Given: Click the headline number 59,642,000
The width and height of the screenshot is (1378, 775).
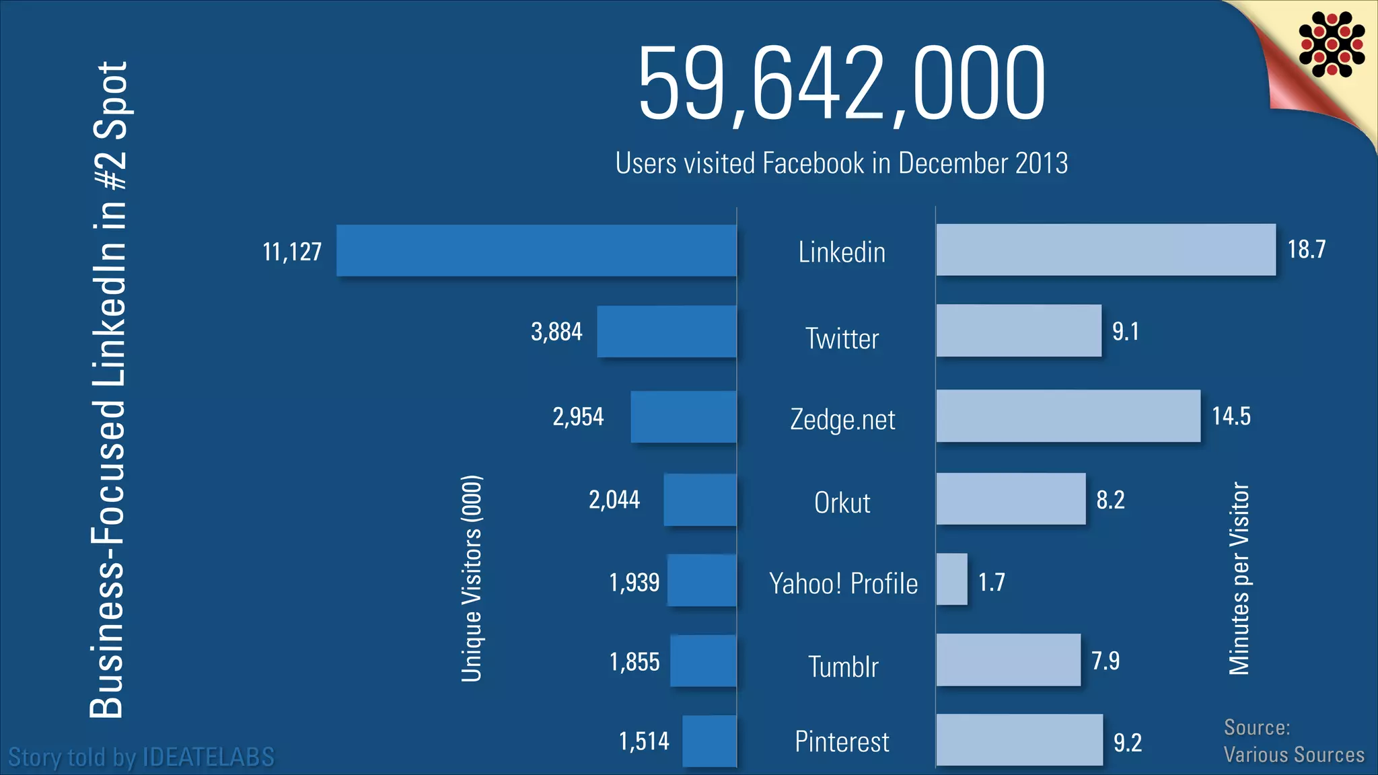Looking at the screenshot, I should pos(841,84).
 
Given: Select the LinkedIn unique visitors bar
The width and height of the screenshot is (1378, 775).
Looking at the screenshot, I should pos(536,250).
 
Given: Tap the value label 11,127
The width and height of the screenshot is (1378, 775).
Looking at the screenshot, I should pos(292,252).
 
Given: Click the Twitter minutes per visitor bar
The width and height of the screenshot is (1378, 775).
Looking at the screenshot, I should pos(1019,330).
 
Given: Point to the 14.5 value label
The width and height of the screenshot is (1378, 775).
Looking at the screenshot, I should pos(1231,416).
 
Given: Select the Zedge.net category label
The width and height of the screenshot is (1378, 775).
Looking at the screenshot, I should pos(842,420).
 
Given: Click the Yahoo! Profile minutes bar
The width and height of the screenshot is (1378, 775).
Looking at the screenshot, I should pos(952,579).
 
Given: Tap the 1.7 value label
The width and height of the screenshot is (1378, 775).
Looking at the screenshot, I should pos(991,582).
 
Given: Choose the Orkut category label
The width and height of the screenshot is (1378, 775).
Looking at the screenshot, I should pos(842,503).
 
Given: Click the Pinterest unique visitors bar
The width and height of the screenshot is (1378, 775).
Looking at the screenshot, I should pos(709,741).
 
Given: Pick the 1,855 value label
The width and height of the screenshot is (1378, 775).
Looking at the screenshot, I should pos(634,662).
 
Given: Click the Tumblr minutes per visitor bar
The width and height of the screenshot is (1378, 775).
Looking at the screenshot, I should pos(1008,660).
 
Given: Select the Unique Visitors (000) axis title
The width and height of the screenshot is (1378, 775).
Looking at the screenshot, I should pos(472,579).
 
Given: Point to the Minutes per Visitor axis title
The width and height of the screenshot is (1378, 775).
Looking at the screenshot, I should pos(1239,579).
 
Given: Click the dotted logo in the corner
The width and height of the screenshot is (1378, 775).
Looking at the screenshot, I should pos(1332,44).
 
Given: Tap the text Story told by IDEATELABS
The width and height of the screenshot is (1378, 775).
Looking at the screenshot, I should pos(141,757).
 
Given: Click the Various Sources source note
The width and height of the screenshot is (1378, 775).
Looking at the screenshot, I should pos(1293,754).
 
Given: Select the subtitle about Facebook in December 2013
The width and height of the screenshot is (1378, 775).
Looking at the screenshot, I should pos(841,163).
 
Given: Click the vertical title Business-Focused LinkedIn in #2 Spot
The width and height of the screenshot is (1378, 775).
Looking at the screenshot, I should pos(108,390).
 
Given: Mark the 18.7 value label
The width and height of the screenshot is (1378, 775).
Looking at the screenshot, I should pos(1306,250).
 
